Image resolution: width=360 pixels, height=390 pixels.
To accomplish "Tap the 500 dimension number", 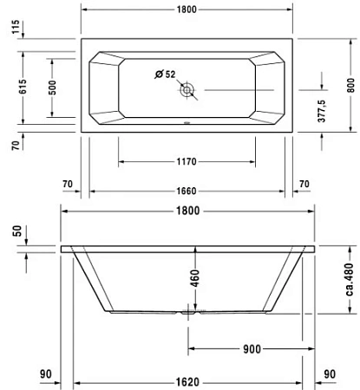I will point(52,88).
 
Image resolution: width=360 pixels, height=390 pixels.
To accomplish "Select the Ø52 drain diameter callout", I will point(165,75).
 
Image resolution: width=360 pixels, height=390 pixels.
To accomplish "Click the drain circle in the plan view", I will point(188,90).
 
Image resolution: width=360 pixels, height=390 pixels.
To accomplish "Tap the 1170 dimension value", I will point(187,161).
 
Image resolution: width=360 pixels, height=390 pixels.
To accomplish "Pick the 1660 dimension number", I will point(187,192).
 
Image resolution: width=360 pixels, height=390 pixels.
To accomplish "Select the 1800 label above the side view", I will point(187,211).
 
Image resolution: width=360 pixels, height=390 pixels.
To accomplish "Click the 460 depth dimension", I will point(195,278).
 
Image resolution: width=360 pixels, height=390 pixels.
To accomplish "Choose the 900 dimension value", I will point(252,349).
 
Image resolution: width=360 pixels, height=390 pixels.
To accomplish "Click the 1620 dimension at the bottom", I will point(187,380).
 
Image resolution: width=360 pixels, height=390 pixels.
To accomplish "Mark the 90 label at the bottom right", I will point(329,374).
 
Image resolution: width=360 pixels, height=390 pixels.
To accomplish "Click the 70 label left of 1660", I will point(68,184).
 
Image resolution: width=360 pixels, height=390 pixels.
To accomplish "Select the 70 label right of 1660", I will point(304,184).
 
